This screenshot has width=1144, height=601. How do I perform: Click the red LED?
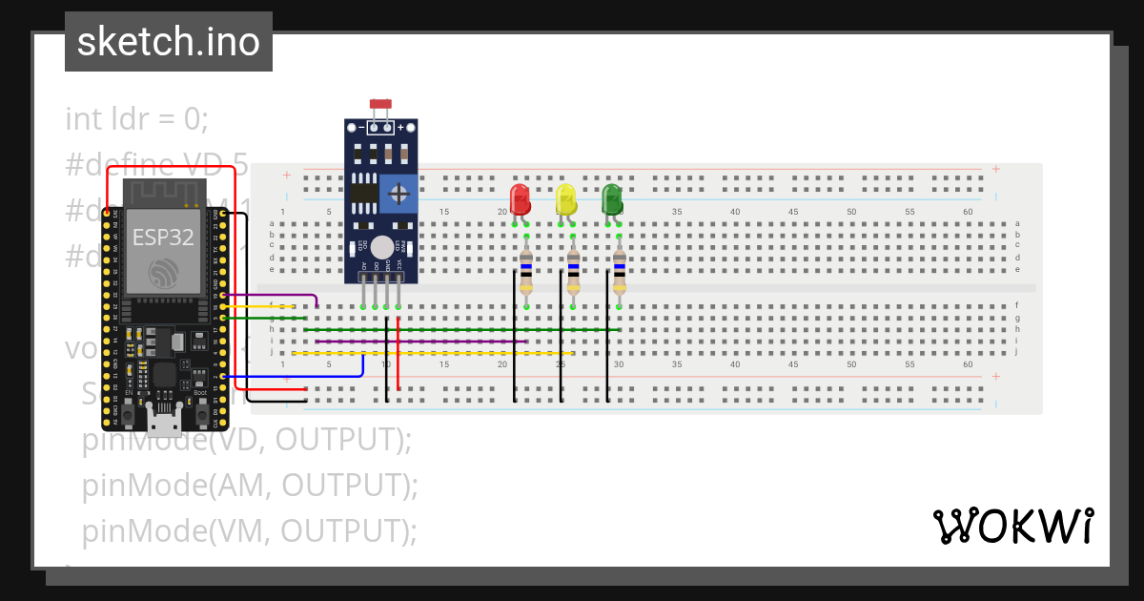click(x=520, y=199)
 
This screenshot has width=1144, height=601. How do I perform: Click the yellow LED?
click(x=566, y=200)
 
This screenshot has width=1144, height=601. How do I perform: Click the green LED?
click(x=612, y=199)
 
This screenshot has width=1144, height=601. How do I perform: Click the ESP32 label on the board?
click(x=163, y=238)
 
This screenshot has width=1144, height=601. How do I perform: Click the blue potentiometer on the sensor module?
click(x=398, y=195)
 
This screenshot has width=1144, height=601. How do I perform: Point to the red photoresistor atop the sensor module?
click(x=381, y=103)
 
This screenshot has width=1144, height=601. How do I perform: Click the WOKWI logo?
click(x=1012, y=527)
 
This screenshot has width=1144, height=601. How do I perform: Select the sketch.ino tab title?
click(x=169, y=42)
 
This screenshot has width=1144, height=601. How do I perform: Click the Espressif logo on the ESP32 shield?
click(x=163, y=273)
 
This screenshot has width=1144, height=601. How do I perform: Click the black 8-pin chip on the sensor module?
click(x=362, y=195)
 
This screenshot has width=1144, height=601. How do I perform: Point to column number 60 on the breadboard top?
click(x=968, y=211)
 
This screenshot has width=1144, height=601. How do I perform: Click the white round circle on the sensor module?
click(x=383, y=247)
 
